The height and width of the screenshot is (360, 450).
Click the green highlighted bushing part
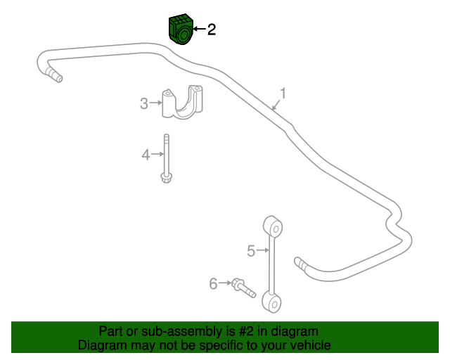click(181, 30)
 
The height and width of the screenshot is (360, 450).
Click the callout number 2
click(212, 30)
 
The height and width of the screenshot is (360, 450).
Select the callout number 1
click(283, 94)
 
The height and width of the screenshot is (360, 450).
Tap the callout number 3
click(144, 103)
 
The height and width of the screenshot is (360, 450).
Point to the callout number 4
click(146, 155)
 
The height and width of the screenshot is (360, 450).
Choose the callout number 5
click(251, 251)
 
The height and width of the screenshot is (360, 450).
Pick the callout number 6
click(213, 283)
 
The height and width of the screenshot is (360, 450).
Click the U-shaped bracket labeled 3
click(182, 102)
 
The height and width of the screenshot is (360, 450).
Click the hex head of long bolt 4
click(166, 178)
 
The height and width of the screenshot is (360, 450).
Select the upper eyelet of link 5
click(273, 226)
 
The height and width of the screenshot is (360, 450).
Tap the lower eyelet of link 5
click(271, 302)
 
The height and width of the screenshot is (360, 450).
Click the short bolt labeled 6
click(243, 288)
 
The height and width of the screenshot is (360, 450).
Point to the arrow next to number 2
click(200, 29)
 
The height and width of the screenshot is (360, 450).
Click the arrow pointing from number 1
click(276, 105)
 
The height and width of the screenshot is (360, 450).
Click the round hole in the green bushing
click(184, 35)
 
